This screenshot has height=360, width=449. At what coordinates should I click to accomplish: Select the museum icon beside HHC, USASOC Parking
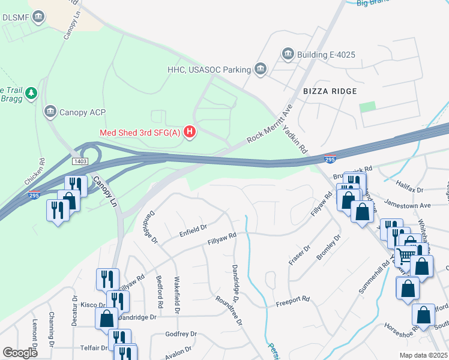coord(261,70)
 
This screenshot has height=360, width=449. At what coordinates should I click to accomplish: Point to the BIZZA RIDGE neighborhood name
coord(330,91)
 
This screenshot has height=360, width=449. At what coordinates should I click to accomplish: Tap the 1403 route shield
coord(80,162)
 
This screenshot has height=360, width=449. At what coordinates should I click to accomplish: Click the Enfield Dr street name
coord(193,228)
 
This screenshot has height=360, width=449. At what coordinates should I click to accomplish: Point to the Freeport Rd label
coord(292,299)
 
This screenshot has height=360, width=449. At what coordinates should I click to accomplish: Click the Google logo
coord(20,353)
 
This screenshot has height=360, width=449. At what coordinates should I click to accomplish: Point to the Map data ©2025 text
coord(423,355)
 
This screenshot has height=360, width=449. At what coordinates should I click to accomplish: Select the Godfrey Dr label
coord(180,334)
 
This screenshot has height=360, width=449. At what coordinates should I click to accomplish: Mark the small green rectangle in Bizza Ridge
coord(367,106)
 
